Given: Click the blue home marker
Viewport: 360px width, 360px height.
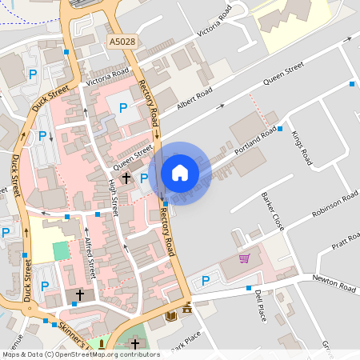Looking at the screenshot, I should tap(180, 173).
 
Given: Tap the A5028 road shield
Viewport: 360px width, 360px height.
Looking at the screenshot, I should tap(122, 39).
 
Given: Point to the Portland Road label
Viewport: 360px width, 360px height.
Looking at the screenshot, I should tap(255, 140).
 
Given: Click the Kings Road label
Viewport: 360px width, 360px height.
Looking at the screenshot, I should tap(301, 147).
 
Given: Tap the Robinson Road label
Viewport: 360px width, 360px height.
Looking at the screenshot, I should tap(334, 207).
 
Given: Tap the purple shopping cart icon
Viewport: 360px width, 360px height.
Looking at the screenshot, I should tap(244, 258).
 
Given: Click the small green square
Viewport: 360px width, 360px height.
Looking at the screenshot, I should tap(62, 250).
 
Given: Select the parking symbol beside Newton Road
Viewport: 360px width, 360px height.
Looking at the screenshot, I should tap(206, 281).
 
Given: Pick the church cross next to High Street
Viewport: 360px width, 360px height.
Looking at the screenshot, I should tap(126, 177).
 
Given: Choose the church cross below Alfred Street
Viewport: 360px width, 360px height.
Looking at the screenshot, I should tap(79, 295).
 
